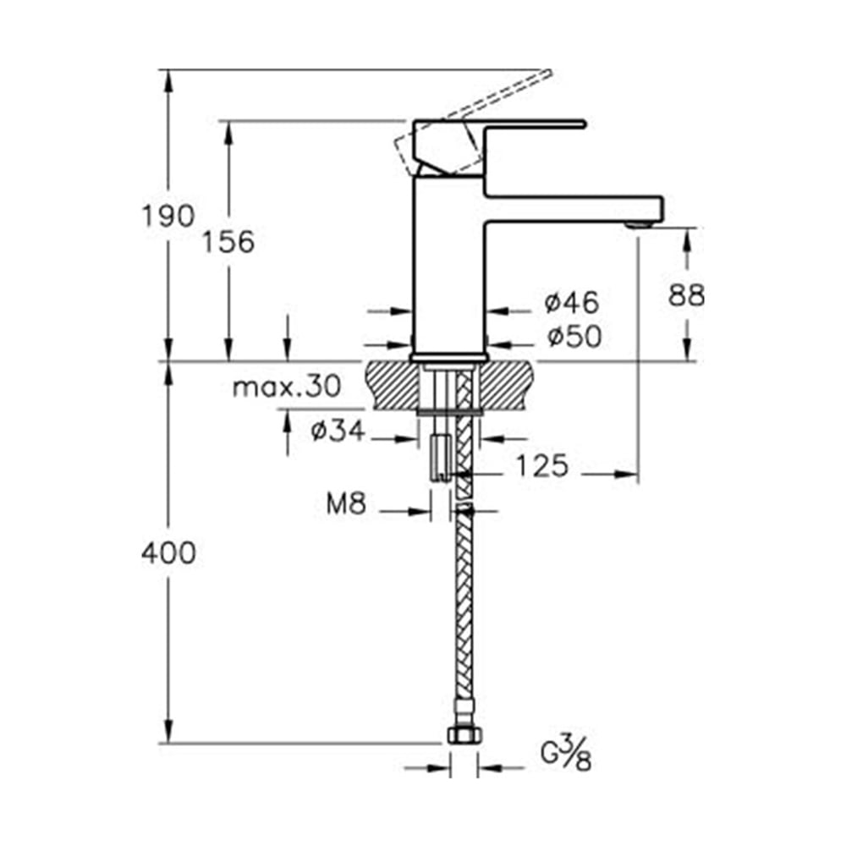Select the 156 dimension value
(x=228, y=242)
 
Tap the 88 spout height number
(x=686, y=295)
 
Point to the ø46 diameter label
(x=573, y=301)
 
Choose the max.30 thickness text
(x=287, y=387)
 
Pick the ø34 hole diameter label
(x=337, y=431)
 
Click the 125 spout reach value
(x=541, y=465)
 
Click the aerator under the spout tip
(x=640, y=223)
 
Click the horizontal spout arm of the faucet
(x=575, y=207)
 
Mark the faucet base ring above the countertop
(x=448, y=358)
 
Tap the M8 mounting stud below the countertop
(x=440, y=457)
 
